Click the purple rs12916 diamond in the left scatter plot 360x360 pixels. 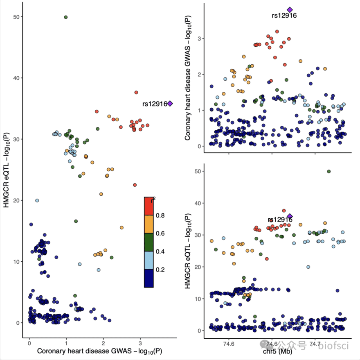(170, 104)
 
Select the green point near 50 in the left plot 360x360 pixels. (66, 17)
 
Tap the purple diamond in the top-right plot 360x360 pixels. (290, 10)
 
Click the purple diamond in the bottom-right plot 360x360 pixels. (290, 216)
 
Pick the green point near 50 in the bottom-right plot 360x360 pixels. (328, 172)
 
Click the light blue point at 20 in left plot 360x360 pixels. (37, 201)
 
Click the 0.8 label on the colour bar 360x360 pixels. (160, 215)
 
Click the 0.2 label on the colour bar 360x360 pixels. (160, 269)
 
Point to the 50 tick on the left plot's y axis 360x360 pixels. (19, 17)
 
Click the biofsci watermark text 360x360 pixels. (333, 346)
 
